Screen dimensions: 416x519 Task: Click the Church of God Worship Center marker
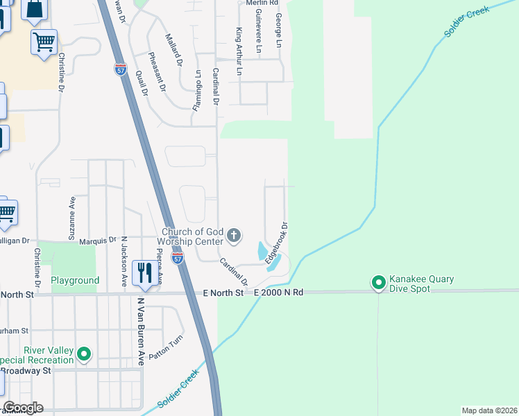[x=234, y=236]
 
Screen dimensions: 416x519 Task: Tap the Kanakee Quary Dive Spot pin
[x=378, y=283]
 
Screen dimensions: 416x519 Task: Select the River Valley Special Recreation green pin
[x=85, y=354]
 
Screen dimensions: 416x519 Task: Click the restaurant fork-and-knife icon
[x=144, y=272]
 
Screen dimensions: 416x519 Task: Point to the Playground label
[x=75, y=281]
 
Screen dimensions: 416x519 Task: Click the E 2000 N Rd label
[x=279, y=293]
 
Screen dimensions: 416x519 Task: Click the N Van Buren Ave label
[x=140, y=331]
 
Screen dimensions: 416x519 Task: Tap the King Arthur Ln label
[x=239, y=51]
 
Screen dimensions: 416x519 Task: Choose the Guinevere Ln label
[x=258, y=31]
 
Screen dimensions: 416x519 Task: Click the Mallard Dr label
[x=173, y=49]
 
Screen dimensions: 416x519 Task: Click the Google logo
[x=23, y=408]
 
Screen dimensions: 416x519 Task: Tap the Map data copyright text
[x=489, y=410]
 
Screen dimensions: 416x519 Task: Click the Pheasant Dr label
[x=158, y=72]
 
